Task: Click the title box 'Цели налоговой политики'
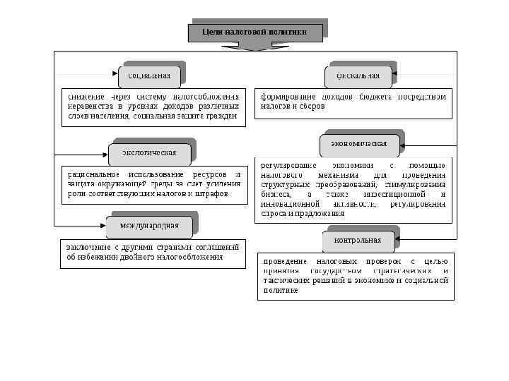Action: (255, 32)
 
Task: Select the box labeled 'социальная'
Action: (149, 75)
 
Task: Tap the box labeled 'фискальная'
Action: (358, 75)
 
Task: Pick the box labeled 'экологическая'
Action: (149, 152)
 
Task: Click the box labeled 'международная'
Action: (149, 226)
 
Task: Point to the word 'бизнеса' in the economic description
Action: (274, 194)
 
